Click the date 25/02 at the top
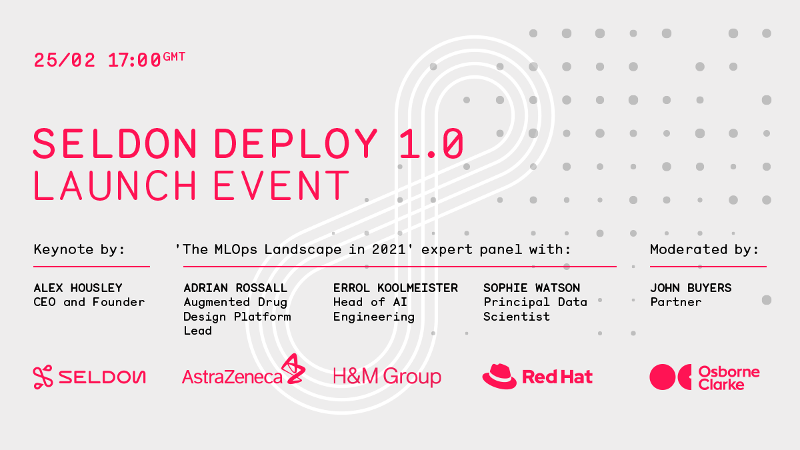click(x=65, y=60)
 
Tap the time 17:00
click(x=135, y=60)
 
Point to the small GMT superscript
click(x=174, y=57)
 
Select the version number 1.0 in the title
click(x=431, y=143)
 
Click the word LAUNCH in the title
click(x=115, y=185)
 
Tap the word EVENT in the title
click(x=281, y=185)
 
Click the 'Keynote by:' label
click(x=79, y=249)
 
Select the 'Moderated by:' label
click(x=704, y=249)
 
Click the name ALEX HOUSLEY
click(x=78, y=288)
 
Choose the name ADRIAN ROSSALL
click(x=235, y=288)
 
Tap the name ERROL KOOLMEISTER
click(x=395, y=288)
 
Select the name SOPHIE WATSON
click(x=532, y=288)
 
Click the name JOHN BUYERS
click(x=691, y=288)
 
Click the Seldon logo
click(x=89, y=377)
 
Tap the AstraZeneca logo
click(x=243, y=369)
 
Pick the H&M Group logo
click(x=387, y=377)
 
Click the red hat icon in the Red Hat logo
click(x=499, y=377)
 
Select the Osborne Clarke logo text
click(x=729, y=378)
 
